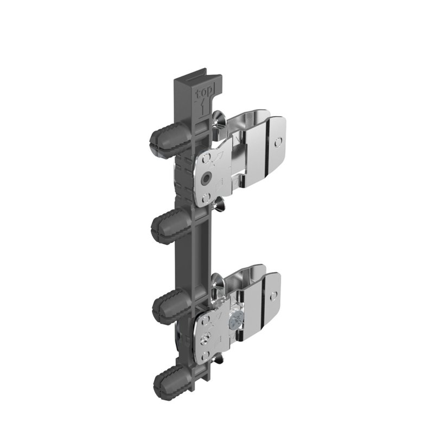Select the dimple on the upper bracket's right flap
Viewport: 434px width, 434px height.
click(278, 142)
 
